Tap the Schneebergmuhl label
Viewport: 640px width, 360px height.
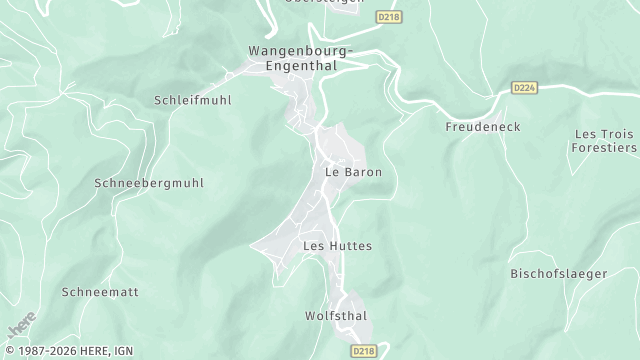(x=149, y=183)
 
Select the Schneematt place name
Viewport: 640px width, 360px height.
(x=100, y=292)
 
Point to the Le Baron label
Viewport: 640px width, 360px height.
(x=354, y=172)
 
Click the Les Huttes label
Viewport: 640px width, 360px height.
(x=337, y=245)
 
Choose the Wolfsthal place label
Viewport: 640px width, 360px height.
(x=336, y=316)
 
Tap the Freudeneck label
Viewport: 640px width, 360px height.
(x=483, y=127)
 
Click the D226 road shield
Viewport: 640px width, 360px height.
(x=525, y=87)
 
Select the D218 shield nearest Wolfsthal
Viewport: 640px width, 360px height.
(x=363, y=352)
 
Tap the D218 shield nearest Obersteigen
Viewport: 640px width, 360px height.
(x=388, y=18)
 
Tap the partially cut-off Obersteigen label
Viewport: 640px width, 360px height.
(x=322, y=3)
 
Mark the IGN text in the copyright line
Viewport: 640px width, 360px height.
(x=118, y=352)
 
